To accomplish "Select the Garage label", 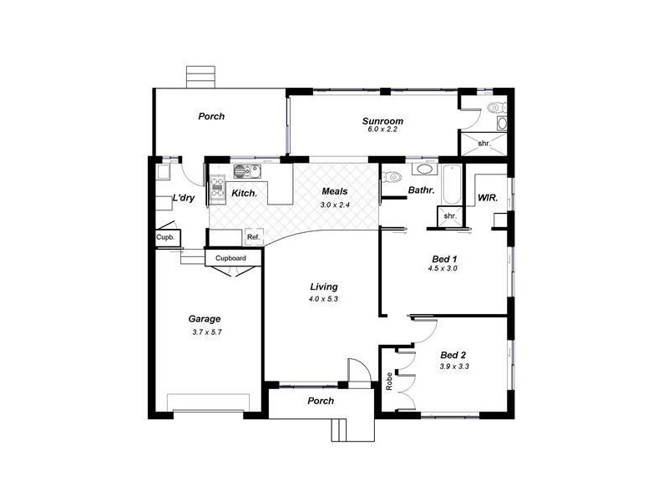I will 204,319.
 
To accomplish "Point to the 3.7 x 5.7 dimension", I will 205,331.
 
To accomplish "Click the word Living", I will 323,287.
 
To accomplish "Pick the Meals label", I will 335,191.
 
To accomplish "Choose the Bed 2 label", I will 453,355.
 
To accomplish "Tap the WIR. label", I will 488,198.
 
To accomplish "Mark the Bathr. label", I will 420,191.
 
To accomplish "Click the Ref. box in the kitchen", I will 254,237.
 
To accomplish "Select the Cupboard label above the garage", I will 230,259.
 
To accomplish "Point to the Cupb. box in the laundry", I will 164,237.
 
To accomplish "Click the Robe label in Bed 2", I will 389,382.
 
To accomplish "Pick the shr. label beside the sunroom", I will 483,144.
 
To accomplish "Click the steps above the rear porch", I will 200,77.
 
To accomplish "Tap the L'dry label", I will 183,198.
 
